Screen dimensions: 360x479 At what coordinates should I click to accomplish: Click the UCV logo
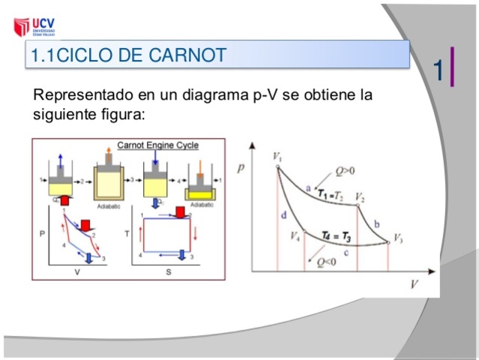coord(34,27)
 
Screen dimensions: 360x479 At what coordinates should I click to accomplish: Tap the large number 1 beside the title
coord(439,70)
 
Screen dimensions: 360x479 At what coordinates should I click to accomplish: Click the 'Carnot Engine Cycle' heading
coord(157,145)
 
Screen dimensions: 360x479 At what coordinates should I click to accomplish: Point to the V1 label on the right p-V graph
coord(277,157)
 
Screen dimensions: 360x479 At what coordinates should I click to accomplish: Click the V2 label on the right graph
coord(361,198)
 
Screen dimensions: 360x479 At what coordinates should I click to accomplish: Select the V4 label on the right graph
coord(295,235)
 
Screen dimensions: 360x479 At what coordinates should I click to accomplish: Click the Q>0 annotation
coord(346,171)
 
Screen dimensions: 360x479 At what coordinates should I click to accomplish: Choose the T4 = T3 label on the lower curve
coord(336,236)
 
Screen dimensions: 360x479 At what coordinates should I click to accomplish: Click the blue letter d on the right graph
coord(284,215)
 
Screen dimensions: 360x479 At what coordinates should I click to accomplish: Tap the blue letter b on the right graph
coord(376,224)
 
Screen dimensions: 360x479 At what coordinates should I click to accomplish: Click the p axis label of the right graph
coord(241,168)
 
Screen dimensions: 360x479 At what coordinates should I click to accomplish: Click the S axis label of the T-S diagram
coord(168,271)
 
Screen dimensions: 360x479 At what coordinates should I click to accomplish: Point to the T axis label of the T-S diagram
coord(127,233)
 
